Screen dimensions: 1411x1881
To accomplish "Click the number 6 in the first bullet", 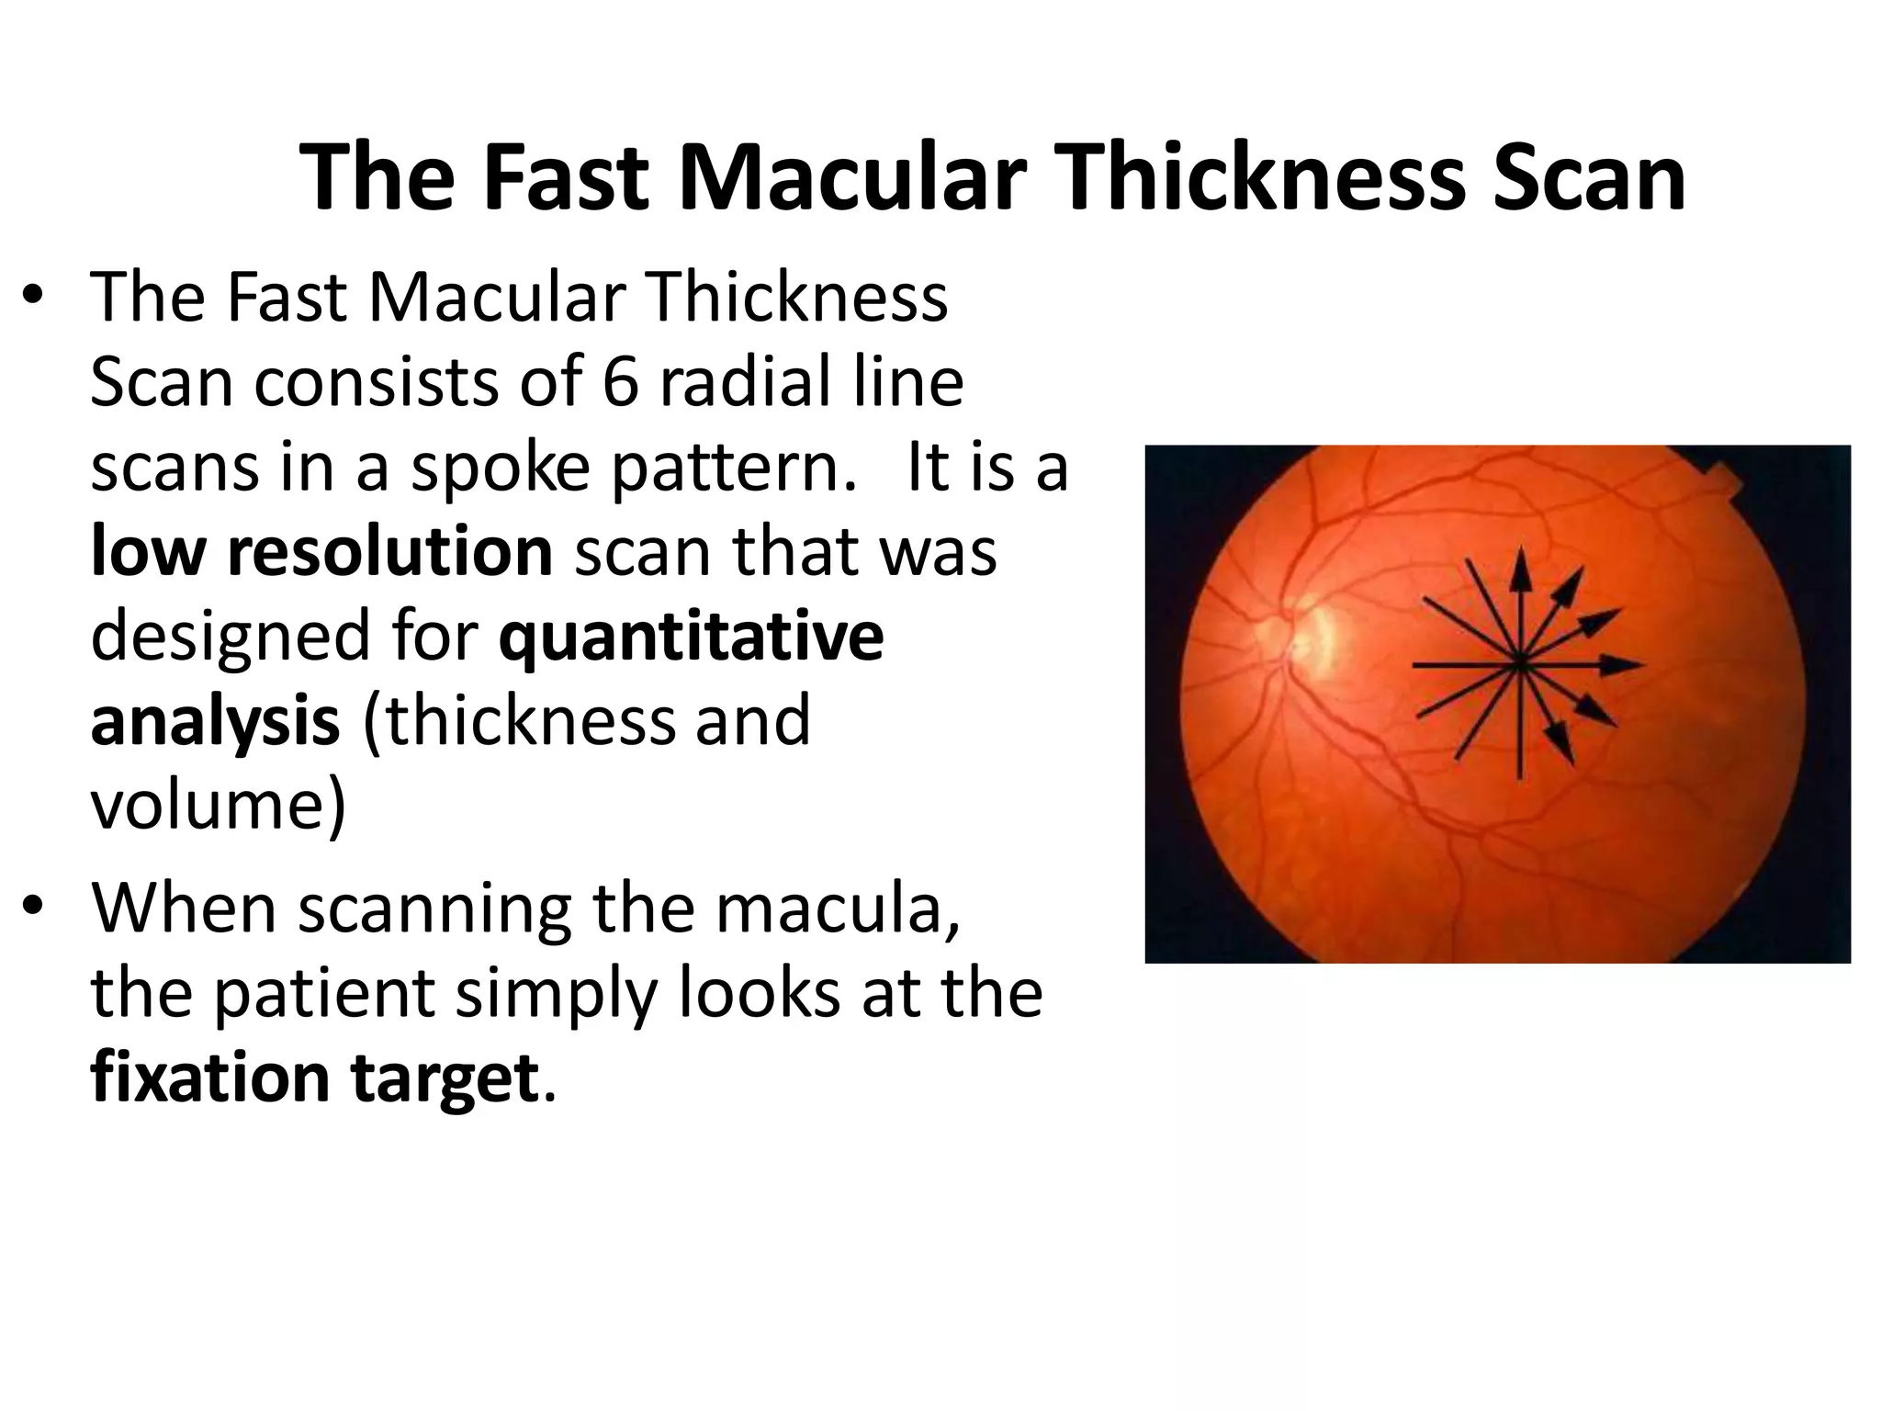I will (x=620, y=382).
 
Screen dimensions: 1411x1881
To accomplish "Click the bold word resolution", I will (x=389, y=551).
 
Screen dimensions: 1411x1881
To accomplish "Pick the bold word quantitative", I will (x=691, y=636).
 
